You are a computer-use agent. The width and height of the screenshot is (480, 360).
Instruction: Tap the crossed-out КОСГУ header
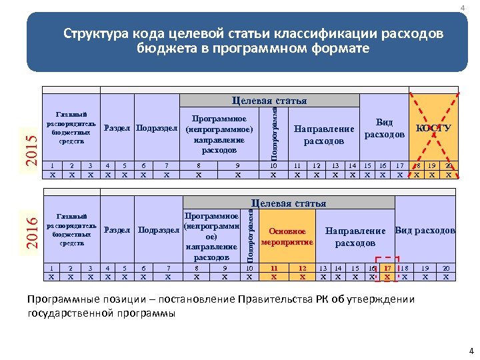(433, 128)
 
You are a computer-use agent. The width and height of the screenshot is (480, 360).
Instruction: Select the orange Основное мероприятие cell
(287, 236)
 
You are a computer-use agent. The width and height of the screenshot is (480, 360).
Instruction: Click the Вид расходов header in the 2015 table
(384, 128)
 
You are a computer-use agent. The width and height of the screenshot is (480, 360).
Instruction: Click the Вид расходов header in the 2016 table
(425, 231)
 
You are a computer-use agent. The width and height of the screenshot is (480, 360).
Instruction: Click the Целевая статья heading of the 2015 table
(269, 101)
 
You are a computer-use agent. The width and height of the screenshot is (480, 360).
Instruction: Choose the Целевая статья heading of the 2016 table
(289, 203)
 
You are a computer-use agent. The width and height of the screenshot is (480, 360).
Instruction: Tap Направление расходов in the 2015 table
(324, 135)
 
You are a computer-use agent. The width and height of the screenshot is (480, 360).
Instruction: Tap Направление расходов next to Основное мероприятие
(355, 237)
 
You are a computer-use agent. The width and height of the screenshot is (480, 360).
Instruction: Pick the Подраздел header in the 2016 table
(159, 231)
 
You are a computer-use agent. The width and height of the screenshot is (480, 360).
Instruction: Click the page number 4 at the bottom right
(471, 351)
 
